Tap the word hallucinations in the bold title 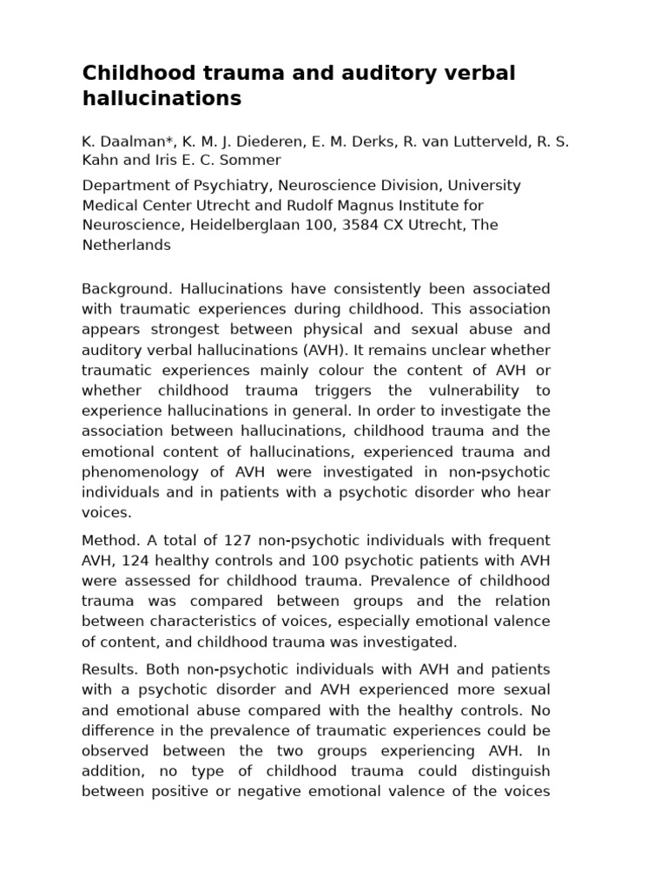pos(162,99)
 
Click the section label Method pos(107,541)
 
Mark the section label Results pos(109,669)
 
